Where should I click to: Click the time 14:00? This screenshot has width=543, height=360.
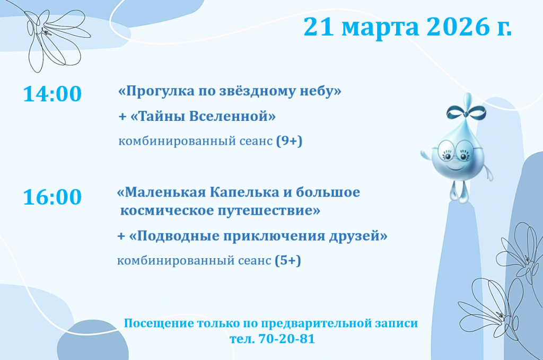click(52, 94)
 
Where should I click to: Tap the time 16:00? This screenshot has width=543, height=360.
click(52, 197)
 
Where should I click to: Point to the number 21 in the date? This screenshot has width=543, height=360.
click(319, 27)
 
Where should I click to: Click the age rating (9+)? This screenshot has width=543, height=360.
click(289, 141)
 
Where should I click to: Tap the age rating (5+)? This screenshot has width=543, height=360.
click(288, 260)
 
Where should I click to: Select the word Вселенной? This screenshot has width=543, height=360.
click(233, 116)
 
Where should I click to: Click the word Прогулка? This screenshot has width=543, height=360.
click(156, 91)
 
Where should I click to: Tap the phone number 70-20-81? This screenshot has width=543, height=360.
click(287, 339)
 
